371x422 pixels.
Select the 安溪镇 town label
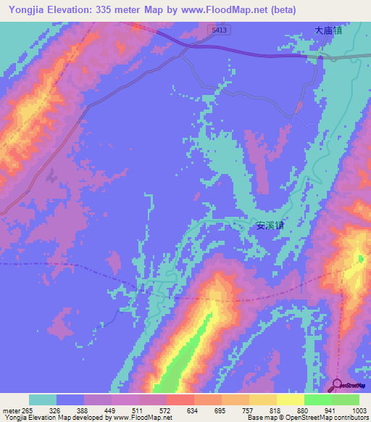tap(270, 225)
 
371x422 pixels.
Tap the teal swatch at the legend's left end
tap(43, 400)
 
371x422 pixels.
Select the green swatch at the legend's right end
tap(346, 400)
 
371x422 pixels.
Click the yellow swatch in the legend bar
tap(290, 400)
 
